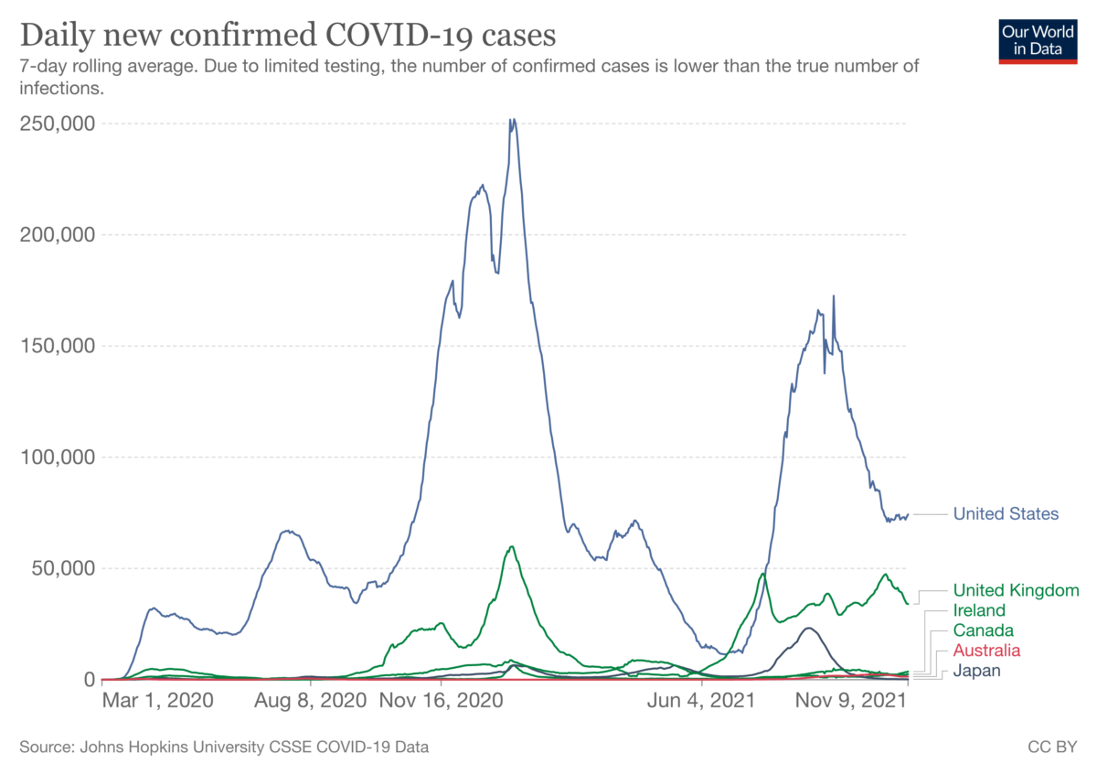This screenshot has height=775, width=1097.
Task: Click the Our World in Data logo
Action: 1038,42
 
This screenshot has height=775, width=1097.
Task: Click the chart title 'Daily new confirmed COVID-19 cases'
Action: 288,36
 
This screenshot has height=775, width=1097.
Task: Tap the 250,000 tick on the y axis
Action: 58,124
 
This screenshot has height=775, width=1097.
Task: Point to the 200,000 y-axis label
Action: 58,235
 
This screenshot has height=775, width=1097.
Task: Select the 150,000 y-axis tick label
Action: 58,346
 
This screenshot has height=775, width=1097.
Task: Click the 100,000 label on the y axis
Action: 58,457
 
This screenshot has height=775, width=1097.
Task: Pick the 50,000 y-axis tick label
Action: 63,568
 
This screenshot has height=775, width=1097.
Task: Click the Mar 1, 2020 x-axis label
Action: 157,701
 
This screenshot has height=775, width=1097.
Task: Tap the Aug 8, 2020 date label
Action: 311,701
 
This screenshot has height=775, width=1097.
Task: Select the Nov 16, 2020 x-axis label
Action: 442,701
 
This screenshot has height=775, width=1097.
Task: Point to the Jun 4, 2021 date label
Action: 701,701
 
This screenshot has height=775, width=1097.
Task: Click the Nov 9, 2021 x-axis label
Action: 851,701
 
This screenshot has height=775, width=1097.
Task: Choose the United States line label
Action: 1006,513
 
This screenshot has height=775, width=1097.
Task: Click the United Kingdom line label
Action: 1017,590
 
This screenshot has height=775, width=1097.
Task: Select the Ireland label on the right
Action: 979,610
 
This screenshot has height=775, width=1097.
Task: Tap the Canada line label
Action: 984,630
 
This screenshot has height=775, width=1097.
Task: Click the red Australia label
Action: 986,651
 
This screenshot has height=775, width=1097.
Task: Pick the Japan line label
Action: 976,671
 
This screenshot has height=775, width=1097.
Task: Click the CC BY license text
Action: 1052,747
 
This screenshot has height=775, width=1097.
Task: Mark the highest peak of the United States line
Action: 513,119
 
